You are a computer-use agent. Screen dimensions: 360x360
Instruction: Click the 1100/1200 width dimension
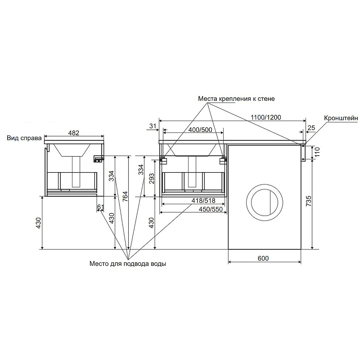(x=265, y=117)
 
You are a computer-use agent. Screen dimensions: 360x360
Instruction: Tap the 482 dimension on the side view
(x=74, y=133)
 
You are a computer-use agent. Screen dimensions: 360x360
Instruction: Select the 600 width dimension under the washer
(x=263, y=258)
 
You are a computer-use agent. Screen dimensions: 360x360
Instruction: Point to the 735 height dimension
(x=309, y=201)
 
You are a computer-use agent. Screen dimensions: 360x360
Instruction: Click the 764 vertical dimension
(x=125, y=196)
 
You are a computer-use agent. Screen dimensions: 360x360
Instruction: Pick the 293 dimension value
(x=152, y=179)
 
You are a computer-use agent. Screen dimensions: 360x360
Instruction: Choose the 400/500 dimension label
(x=200, y=130)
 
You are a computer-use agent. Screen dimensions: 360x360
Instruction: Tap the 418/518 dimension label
(x=203, y=200)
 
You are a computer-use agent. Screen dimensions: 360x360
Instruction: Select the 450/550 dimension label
(x=211, y=209)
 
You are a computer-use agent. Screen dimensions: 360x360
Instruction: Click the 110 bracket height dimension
(x=317, y=152)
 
